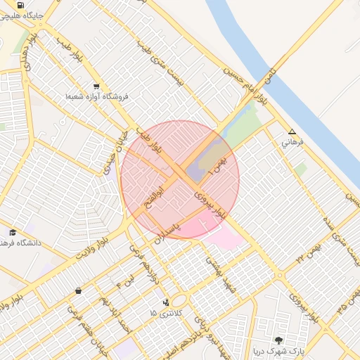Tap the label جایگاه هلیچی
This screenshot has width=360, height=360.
[x=24, y=14]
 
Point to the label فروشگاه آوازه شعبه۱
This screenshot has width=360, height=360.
[x=96, y=96]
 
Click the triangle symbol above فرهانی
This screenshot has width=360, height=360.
[x=292, y=131]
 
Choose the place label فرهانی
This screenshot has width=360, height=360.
[x=292, y=142]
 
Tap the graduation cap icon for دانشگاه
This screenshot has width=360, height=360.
[x=13, y=232]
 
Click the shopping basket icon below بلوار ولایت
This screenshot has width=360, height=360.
[x=77, y=290]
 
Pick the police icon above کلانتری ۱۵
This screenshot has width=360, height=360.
[x=166, y=302]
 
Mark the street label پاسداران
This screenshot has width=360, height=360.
[x=168, y=229]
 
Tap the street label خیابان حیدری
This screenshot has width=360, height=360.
[x=115, y=148]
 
